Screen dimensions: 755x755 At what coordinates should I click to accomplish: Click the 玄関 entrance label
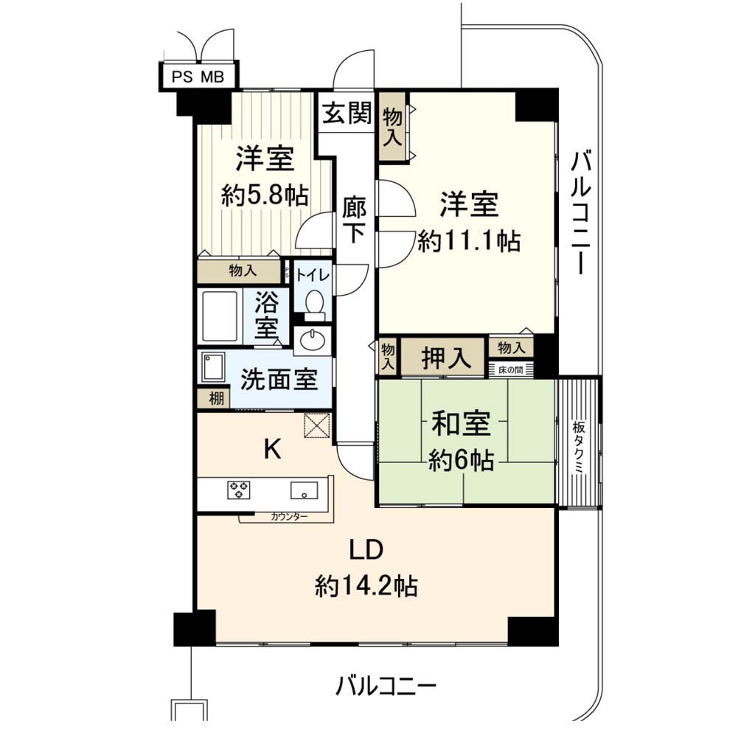347,114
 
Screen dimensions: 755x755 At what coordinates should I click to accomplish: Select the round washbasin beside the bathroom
313,341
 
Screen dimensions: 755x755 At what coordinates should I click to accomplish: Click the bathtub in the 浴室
220,316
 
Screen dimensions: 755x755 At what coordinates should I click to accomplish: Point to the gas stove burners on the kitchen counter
238,490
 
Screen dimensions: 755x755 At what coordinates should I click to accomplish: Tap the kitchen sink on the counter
304,490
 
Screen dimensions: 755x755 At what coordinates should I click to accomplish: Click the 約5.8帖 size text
265,196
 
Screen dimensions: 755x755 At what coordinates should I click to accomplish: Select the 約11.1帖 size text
468,241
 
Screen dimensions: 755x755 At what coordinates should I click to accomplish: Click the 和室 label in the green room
461,423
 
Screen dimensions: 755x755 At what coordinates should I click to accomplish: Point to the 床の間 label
510,370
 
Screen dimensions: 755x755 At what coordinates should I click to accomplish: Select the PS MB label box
198,77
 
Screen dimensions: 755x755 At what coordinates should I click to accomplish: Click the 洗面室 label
279,380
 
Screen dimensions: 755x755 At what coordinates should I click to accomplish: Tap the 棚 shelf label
216,399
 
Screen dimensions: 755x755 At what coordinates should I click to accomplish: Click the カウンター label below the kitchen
288,517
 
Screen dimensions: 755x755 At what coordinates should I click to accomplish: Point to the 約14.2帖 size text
366,586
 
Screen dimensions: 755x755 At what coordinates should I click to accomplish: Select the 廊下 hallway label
355,221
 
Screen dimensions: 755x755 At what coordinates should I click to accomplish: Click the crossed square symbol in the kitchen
317,425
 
